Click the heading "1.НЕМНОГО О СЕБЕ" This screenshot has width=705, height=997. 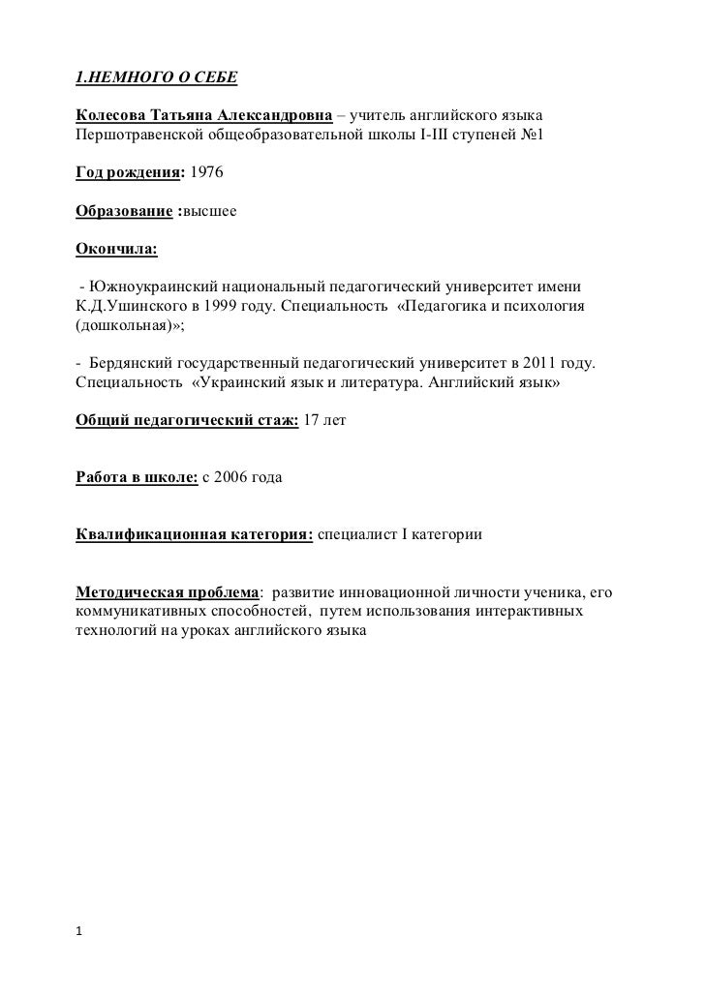156,76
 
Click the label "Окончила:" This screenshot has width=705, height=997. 116,250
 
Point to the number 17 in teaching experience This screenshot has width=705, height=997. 312,421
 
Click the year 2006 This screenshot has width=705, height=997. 232,477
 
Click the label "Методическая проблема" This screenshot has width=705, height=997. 167,591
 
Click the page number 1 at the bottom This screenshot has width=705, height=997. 79,932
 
